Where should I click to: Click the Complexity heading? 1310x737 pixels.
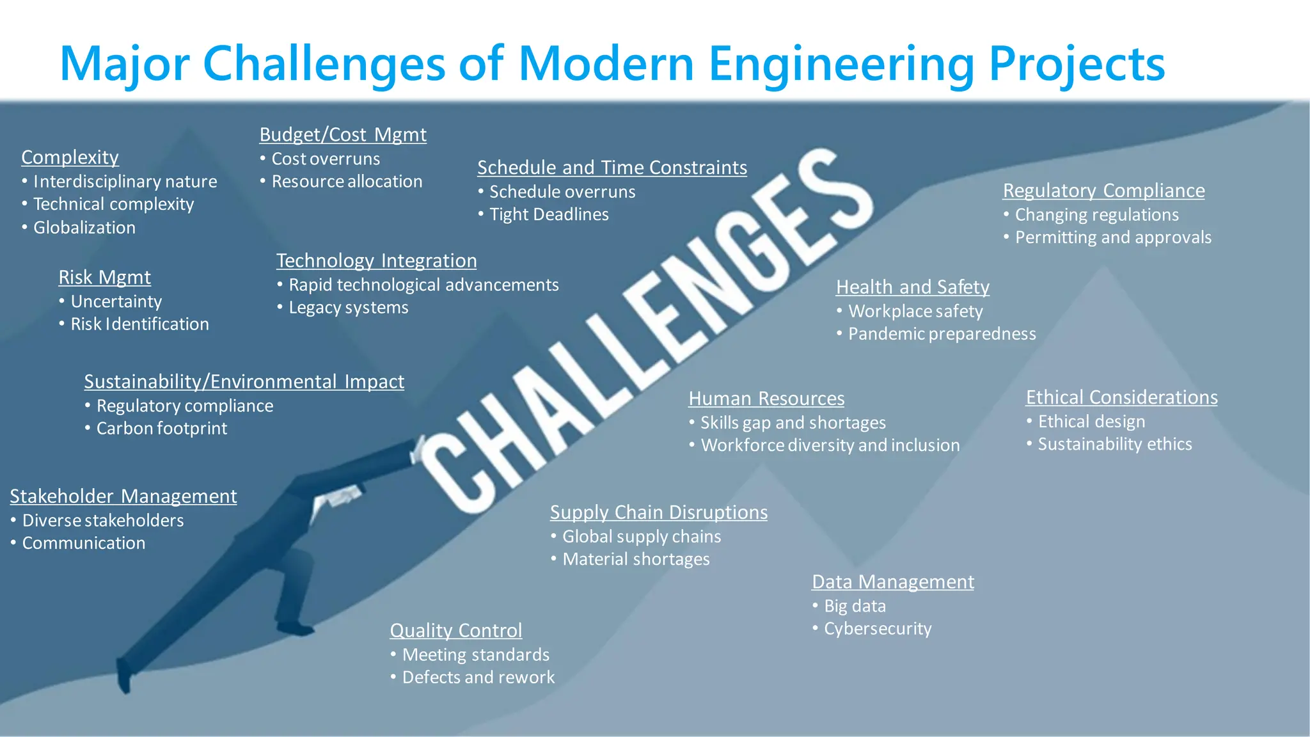click(70, 157)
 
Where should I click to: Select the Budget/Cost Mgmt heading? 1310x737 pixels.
click(343, 135)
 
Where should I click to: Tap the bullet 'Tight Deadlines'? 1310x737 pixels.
click(549, 214)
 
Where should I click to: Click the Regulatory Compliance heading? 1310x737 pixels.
click(1103, 191)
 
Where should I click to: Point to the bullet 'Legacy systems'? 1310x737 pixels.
click(348, 308)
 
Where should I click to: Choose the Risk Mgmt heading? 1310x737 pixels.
click(104, 278)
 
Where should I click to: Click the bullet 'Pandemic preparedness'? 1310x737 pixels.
click(942, 334)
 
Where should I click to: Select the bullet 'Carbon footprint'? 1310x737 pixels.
click(161, 429)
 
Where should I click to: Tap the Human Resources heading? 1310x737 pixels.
click(766, 399)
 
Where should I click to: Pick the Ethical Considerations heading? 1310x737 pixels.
click(1121, 397)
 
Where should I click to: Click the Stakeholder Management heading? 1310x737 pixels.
click(123, 496)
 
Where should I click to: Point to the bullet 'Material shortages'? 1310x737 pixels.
click(636, 559)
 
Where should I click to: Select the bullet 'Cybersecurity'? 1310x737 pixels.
click(878, 629)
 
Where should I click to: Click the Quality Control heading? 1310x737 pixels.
click(456, 631)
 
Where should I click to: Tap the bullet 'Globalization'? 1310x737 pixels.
click(84, 228)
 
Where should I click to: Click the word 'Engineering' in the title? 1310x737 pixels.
click(841, 64)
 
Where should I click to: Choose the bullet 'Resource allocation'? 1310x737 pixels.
click(347, 182)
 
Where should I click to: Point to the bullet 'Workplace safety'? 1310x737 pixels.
click(915, 312)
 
